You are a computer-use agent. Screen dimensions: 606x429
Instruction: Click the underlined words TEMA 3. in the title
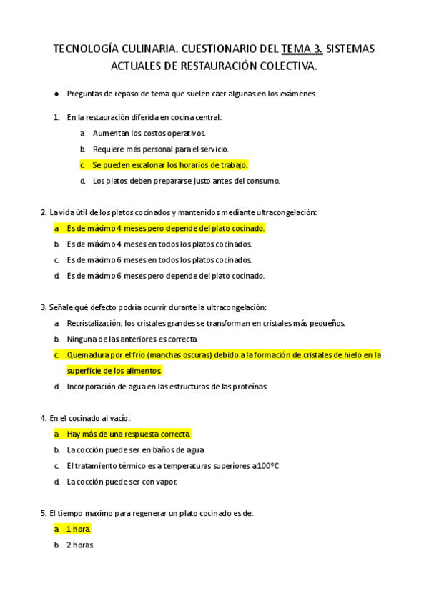pyautogui.click(x=302, y=49)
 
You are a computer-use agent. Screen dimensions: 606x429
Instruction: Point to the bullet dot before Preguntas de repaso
pyautogui.click(x=56, y=94)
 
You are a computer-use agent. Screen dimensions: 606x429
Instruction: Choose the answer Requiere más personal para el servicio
pyautogui.click(x=161, y=149)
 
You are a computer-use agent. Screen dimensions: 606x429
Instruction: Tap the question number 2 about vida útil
pyautogui.click(x=44, y=212)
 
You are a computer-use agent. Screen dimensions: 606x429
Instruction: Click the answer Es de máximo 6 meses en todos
pyautogui.click(x=159, y=259)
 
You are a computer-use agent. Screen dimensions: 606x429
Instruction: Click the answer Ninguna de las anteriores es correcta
pyautogui.click(x=132, y=339)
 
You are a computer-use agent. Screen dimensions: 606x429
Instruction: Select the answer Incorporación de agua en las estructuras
pyautogui.click(x=167, y=387)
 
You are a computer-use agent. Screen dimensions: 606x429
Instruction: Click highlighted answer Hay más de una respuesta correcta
pyautogui.click(x=129, y=434)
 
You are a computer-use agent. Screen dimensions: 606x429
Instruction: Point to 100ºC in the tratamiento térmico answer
pyautogui.click(x=266, y=466)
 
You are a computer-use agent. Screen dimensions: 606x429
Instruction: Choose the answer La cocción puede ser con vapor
pyautogui.click(x=122, y=482)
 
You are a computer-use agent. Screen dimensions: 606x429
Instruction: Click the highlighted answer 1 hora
pyautogui.click(x=79, y=529)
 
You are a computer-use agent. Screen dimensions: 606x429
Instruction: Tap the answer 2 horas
pyautogui.click(x=80, y=545)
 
